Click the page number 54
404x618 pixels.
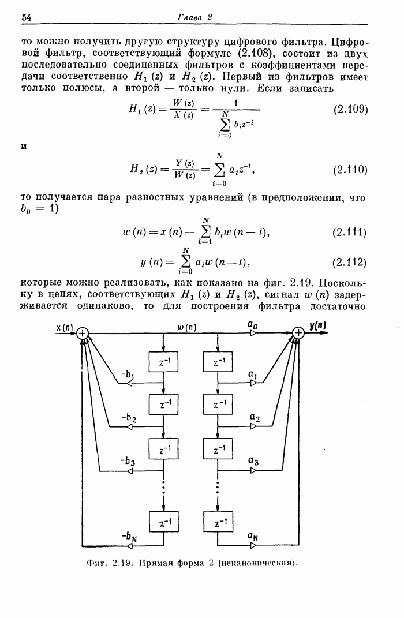click(x=26, y=17)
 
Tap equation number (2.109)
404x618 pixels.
click(x=350, y=109)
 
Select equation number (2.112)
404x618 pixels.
click(x=350, y=262)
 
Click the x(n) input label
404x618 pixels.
click(x=65, y=327)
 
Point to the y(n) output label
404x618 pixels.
click(x=317, y=325)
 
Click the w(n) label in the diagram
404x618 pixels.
click(x=187, y=327)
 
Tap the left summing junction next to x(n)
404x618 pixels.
click(x=83, y=334)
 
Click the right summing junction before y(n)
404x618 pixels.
click(x=298, y=334)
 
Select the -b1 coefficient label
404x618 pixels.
click(x=128, y=375)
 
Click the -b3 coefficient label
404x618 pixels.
click(x=128, y=461)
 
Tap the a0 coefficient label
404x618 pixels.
click(x=253, y=325)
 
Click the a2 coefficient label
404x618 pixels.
click(x=255, y=417)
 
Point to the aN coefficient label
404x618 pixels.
click(x=253, y=536)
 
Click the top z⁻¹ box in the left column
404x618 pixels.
click(x=163, y=361)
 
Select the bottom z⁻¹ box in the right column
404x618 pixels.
click(x=218, y=522)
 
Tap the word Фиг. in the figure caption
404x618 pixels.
click(x=96, y=563)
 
